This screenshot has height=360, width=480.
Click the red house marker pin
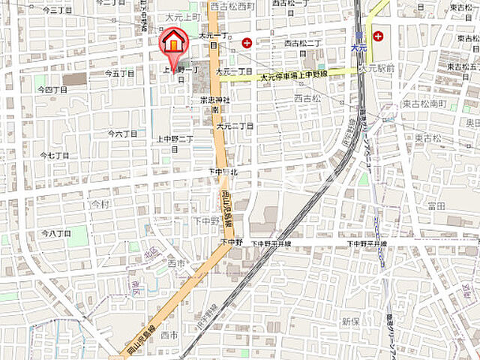[173, 43]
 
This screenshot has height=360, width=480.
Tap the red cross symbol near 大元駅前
[378, 35]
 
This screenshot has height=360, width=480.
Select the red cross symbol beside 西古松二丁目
[247, 41]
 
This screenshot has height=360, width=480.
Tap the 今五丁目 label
[120, 73]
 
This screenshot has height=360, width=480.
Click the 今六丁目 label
[122, 134]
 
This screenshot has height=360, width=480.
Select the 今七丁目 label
[54, 155]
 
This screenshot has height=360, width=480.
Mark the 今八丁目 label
[55, 234]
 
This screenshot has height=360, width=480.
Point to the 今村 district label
[100, 204]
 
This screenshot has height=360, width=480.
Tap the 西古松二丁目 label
[302, 43]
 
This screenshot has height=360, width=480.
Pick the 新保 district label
[351, 321]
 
